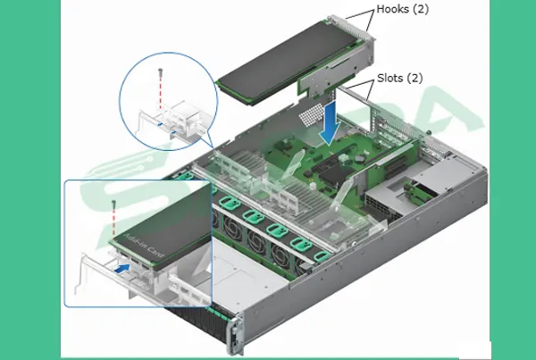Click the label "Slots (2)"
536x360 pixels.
pyautogui.click(x=399, y=78)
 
